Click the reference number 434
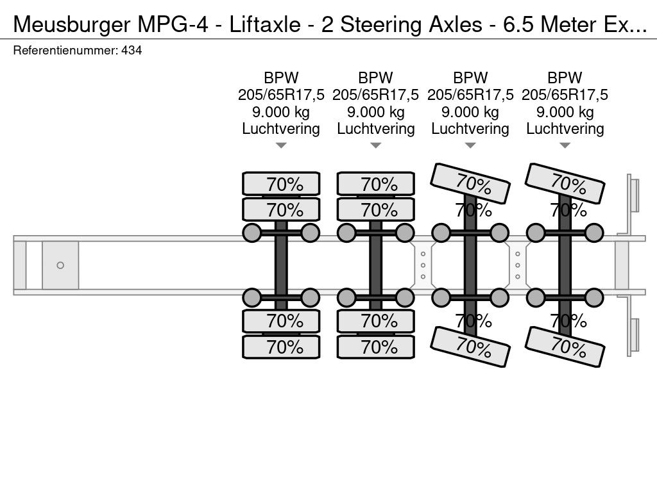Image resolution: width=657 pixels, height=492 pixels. pos(132,50)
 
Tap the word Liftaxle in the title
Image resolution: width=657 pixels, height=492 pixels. pos(265,25)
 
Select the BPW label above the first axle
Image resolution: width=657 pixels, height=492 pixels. pos(281,78)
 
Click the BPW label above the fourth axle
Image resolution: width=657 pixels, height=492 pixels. pos(565,78)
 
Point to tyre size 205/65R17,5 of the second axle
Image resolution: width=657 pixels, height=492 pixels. pos(375,95)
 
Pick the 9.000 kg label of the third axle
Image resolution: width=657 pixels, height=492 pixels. pos(470,112)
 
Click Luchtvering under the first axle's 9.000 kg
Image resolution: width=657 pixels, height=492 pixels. pos(281,129)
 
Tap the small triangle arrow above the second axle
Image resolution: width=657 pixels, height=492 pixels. pos(375,145)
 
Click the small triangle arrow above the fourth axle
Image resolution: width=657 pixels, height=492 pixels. pos(565,145)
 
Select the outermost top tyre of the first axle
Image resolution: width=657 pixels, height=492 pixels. pos(281,183)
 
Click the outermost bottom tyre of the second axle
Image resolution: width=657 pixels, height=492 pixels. pos(376,347)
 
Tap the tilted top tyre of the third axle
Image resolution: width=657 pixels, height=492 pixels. pos(470,184)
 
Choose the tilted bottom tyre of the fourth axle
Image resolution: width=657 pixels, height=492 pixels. pos(565,347)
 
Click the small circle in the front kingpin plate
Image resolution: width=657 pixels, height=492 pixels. pos(60,265)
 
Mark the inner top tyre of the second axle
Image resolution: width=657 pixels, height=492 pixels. pos(376,209)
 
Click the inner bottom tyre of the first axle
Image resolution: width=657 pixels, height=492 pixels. pos(281,322)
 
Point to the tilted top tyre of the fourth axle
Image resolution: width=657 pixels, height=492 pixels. pos(565,184)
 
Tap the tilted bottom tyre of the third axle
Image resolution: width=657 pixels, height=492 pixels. pos(470,347)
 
